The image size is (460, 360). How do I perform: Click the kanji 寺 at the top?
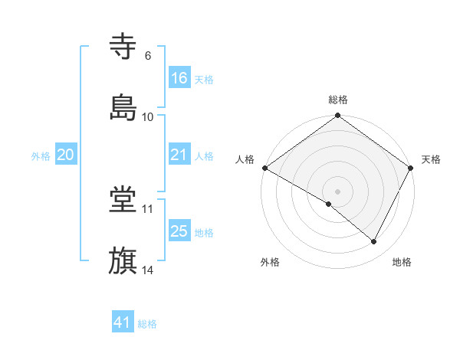tap(123, 47)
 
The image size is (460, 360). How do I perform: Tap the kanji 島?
tap(123, 106)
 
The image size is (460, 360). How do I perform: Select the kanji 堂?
tap(123, 200)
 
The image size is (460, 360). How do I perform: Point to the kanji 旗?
tap(123, 260)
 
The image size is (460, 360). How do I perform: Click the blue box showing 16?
tap(179, 78)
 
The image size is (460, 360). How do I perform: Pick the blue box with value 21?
tap(179, 155)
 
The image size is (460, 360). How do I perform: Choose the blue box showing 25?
tap(179, 231)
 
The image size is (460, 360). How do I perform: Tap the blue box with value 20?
tap(66, 155)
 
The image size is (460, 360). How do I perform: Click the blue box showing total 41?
tap(123, 322)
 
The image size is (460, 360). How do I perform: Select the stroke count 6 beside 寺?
tap(147, 56)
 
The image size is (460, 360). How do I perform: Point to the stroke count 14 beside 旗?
tap(148, 269)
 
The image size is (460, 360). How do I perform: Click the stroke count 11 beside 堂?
tap(148, 209)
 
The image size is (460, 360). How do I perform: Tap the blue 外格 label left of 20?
tap(41, 155)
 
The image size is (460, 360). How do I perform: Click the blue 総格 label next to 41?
tap(147, 324)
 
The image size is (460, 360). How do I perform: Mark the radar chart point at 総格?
tap(337, 116)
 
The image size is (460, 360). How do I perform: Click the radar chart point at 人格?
tap(264, 168)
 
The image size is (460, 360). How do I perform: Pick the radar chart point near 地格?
tap(374, 242)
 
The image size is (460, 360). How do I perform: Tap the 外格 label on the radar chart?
tap(270, 263)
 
